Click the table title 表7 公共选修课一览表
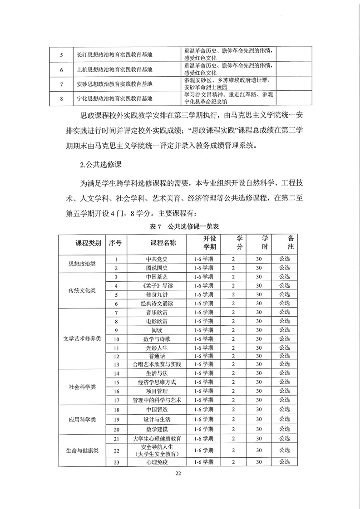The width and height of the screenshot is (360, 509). [181, 226]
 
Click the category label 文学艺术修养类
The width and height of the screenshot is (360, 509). [82, 338]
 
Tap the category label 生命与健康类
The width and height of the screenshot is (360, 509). [82, 450]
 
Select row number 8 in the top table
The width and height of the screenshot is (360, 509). [62, 98]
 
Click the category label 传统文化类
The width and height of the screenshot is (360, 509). [82, 290]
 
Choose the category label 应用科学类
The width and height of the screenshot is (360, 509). [82, 420]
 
